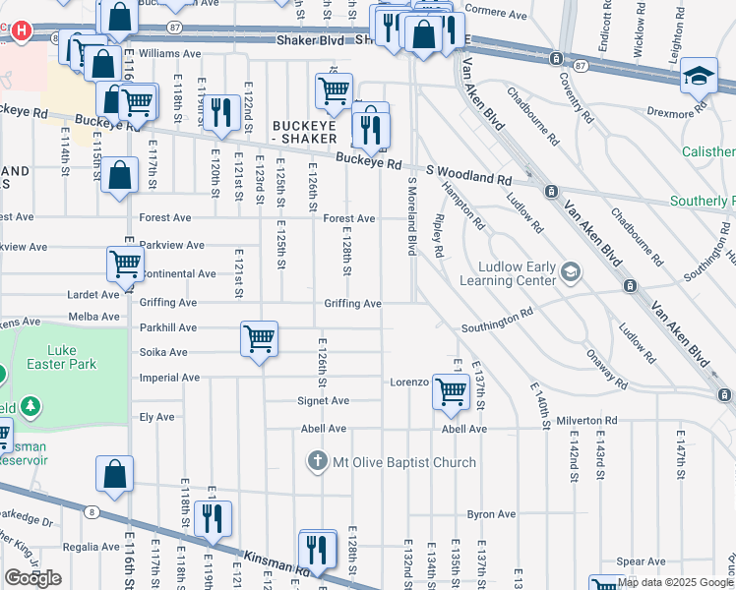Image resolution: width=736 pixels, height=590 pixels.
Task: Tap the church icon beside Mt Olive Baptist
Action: coord(318,461)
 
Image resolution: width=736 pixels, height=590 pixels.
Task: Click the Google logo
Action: coord(32,578)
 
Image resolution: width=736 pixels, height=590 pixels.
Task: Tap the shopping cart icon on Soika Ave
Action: coord(259,339)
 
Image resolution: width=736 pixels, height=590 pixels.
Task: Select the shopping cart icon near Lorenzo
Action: coord(452,390)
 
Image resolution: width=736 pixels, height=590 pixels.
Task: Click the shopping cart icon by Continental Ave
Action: coord(125,263)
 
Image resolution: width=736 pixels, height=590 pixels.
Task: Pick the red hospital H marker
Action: coord(21,30)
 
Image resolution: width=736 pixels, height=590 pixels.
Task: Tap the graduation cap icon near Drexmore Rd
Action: coord(700,75)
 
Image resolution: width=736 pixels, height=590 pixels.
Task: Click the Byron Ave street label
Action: coord(491,514)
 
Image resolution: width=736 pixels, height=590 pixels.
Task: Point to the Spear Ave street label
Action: coord(642,561)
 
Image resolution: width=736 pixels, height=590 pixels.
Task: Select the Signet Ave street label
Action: coord(324,401)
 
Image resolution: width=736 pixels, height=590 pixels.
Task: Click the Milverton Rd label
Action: coord(585,420)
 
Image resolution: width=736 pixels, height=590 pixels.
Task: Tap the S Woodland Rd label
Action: coord(468,175)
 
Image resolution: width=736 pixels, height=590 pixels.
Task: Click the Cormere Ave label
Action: coord(496,14)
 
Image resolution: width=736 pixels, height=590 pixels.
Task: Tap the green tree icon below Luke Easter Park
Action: coord(31,405)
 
